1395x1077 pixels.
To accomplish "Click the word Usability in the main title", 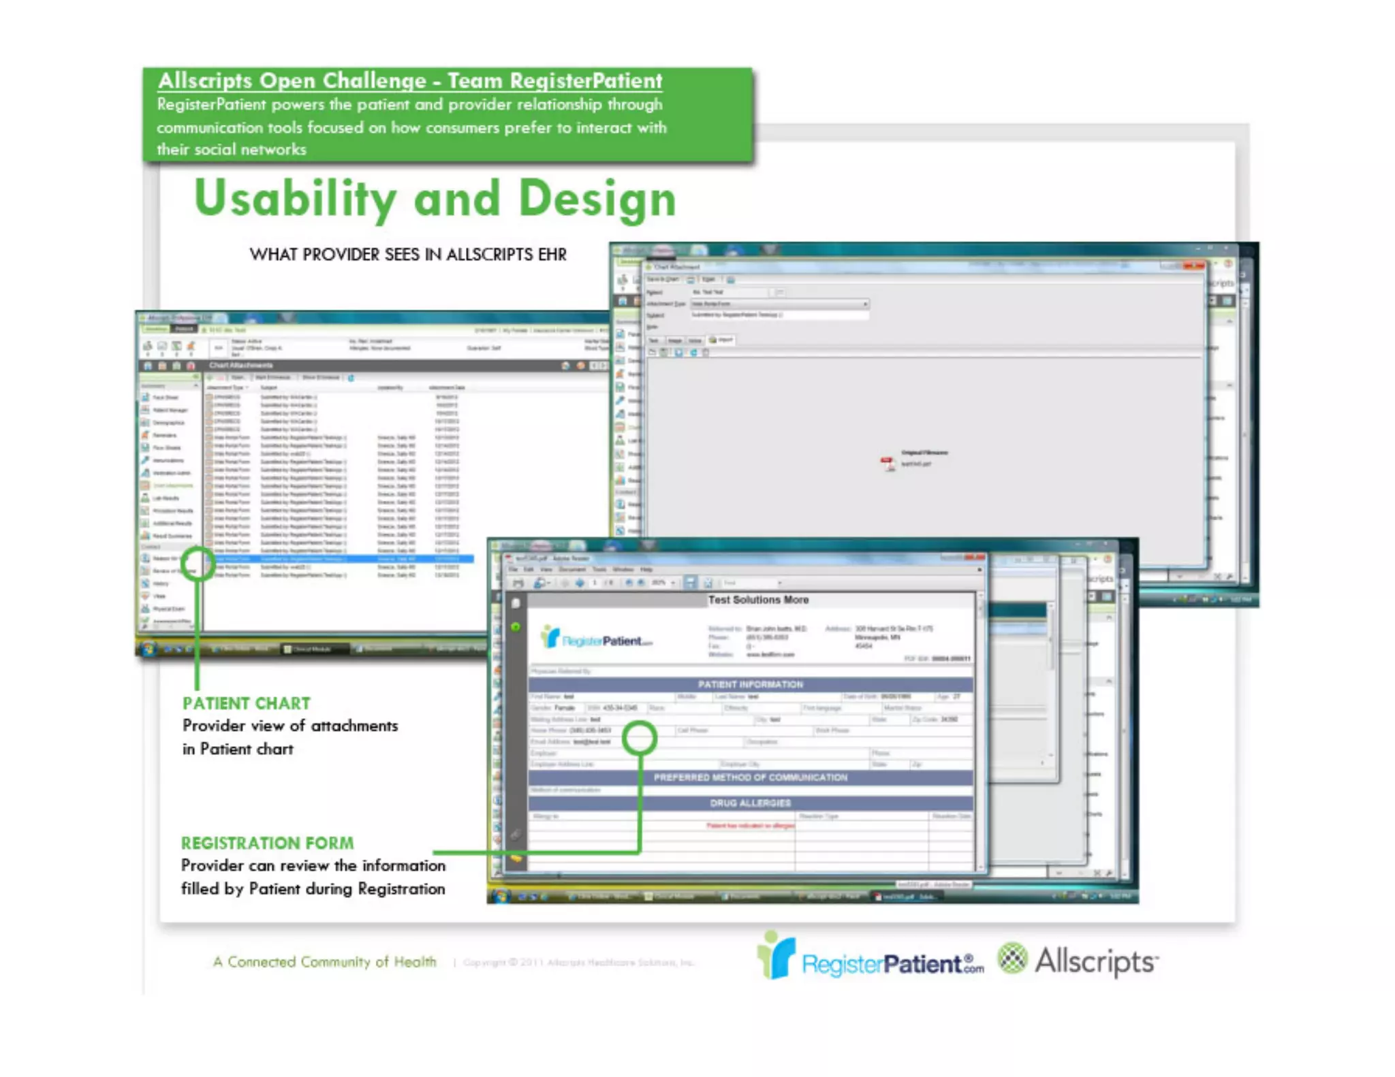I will tap(294, 199).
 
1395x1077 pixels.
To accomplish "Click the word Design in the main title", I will tap(597, 199).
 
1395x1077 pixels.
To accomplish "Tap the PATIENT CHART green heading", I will tap(246, 703).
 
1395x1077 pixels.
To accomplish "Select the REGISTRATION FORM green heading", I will tap(267, 843).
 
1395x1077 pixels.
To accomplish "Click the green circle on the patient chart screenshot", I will tap(198, 563).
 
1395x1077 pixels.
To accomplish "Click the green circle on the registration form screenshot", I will tap(639, 738).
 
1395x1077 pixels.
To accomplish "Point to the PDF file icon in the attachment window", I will tap(887, 464).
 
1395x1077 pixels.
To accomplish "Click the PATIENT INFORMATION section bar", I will tap(750, 684).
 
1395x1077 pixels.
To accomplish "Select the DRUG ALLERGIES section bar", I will tap(750, 803).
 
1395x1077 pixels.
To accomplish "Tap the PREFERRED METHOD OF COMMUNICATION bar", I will tap(750, 777).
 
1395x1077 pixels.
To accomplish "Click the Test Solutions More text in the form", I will tap(758, 600).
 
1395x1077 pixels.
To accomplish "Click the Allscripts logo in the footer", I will tap(1079, 961).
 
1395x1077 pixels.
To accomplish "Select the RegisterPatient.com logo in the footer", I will tap(872, 960).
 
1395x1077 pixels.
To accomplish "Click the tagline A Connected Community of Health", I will tap(324, 962).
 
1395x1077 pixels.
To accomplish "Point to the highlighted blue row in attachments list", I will tap(341, 559).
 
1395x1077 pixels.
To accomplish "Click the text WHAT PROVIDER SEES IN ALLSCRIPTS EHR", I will tap(407, 255).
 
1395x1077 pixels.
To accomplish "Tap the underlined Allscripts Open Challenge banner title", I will tap(409, 81).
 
